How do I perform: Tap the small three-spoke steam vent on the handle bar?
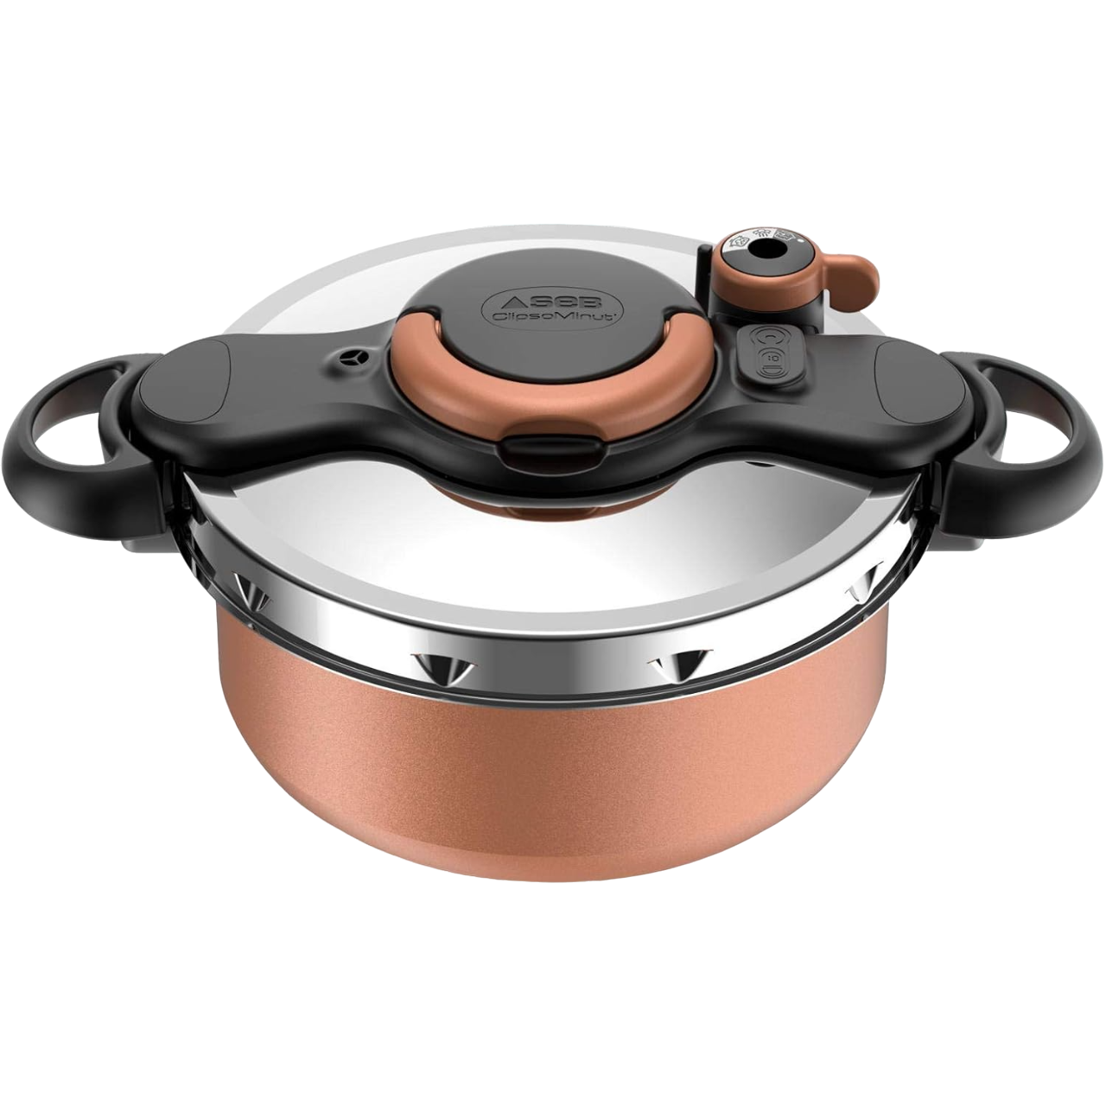352,355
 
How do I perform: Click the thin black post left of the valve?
704,276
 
